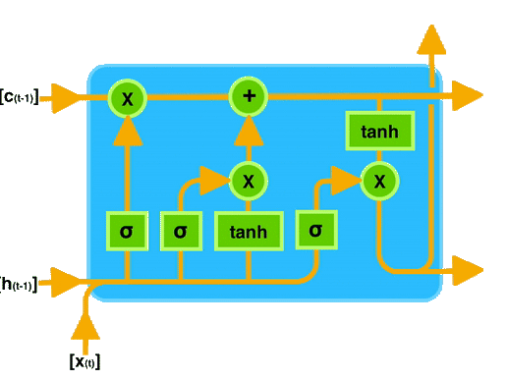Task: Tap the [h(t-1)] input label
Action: [20, 285]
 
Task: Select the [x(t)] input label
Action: [84, 361]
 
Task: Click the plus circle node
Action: [249, 96]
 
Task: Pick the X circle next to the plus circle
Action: [127, 96]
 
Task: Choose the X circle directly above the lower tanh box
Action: [249, 180]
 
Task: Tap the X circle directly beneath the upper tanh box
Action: [377, 180]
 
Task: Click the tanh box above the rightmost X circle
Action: [377, 131]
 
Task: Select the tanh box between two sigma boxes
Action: [249, 232]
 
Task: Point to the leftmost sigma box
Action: [127, 232]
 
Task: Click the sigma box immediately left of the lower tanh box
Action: [180, 232]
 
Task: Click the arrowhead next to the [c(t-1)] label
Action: [65, 96]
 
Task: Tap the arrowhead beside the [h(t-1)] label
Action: [65, 284]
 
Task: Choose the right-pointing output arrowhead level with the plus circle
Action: [469, 96]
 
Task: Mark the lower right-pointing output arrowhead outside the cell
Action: [469, 268]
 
